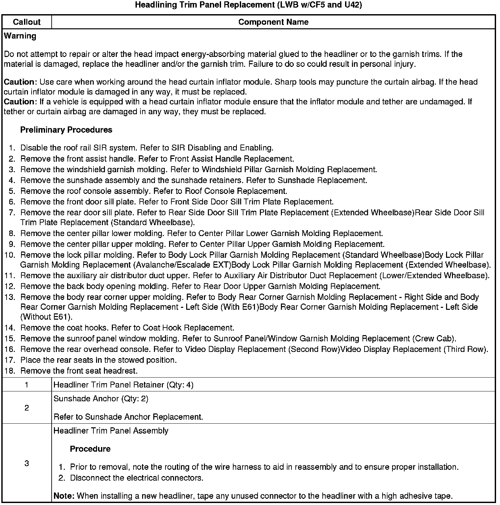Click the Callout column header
[27, 22]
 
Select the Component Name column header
[273, 22]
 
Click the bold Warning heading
[20, 36]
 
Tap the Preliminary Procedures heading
[66, 130]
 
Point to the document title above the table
[249, 5]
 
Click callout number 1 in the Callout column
[27, 385]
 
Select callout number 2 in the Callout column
[27, 408]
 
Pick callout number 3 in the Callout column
[27, 463]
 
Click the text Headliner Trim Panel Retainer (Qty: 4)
[123, 385]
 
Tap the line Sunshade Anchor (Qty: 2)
[101, 399]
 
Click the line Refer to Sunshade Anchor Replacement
[128, 417]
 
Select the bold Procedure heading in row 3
[90, 449]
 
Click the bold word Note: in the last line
[64, 496]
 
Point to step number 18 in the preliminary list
[10, 371]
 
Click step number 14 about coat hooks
[10, 328]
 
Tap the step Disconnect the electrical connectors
[137, 478]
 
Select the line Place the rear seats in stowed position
[98, 360]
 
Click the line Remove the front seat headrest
[79, 371]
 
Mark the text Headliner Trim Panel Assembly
[111, 431]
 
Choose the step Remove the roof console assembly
[154, 191]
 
